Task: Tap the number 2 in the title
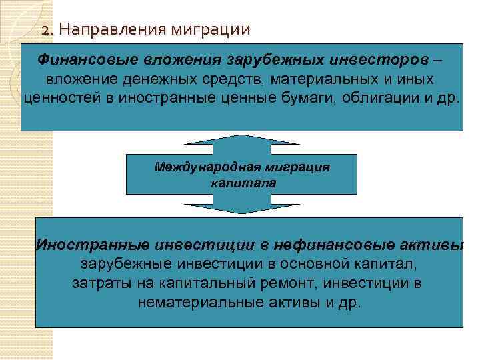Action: (45, 30)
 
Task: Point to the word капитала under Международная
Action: (241, 181)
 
